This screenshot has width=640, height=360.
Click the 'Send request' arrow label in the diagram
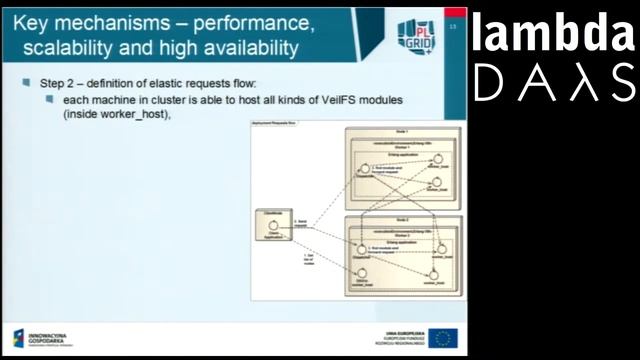click(299, 225)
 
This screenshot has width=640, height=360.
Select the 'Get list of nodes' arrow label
click(307, 261)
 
